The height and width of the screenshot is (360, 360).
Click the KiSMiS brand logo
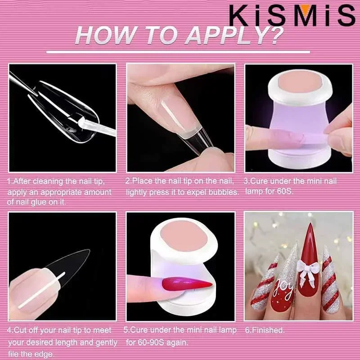292,15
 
